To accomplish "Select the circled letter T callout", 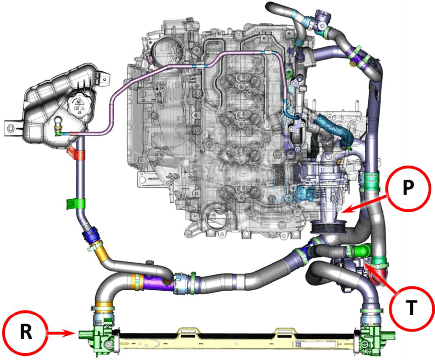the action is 412,307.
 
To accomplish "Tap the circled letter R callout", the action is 26,332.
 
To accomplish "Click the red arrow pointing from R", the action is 61,332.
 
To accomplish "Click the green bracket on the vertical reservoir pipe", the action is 76,204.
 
